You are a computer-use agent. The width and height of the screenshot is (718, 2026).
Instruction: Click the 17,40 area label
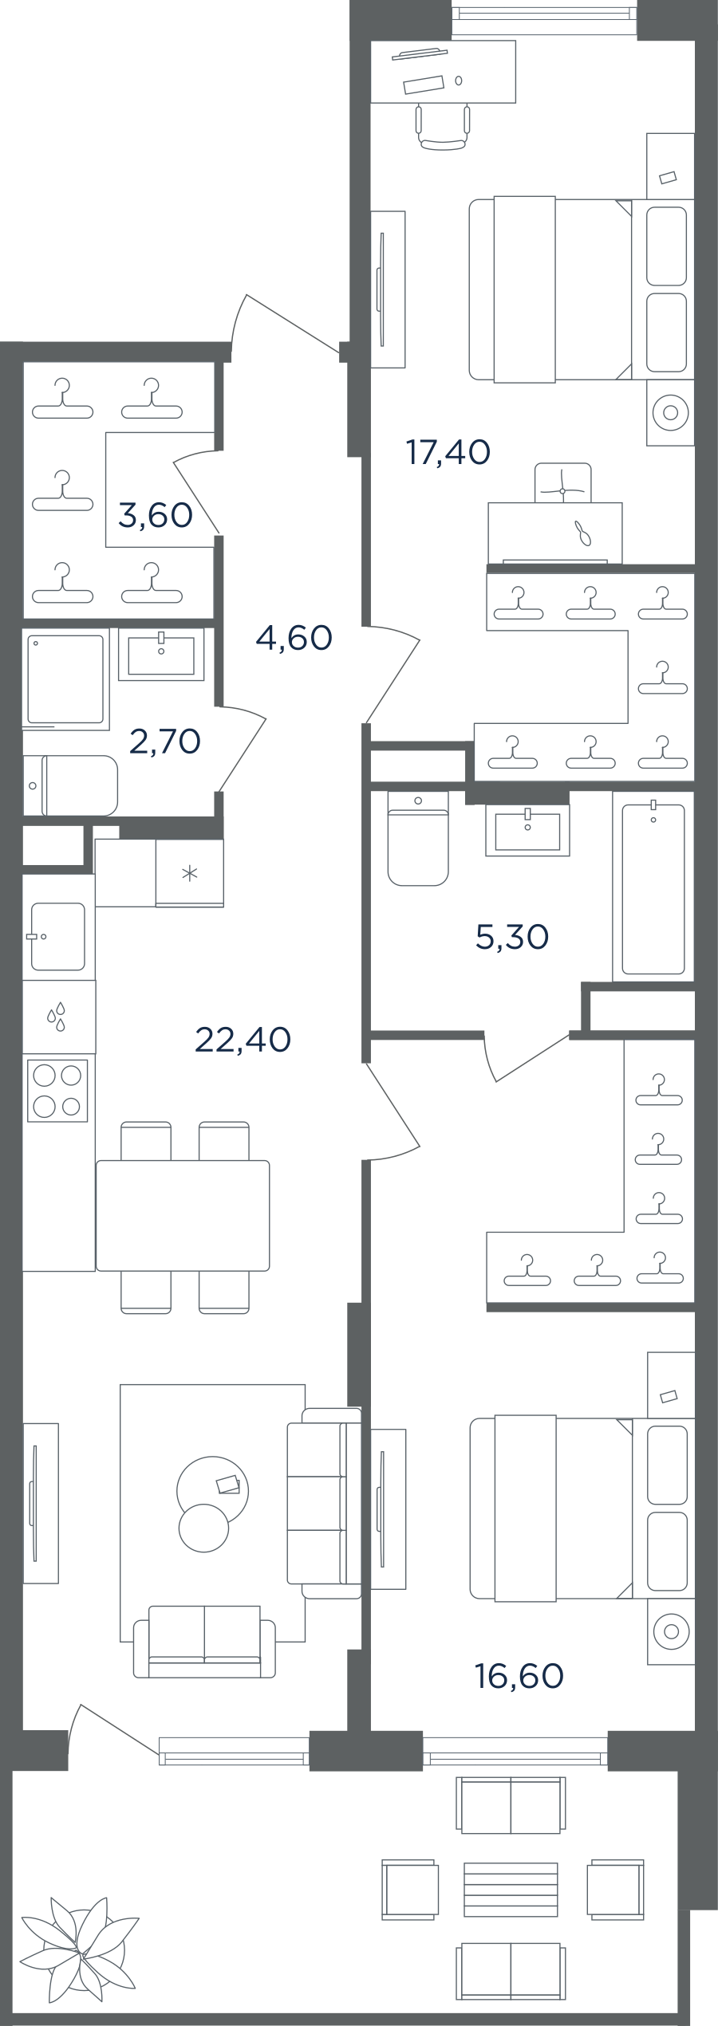448,452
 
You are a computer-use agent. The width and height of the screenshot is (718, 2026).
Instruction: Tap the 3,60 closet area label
156,515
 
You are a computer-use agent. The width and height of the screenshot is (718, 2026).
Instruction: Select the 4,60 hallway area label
294,637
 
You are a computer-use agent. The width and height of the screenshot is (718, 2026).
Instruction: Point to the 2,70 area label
165,742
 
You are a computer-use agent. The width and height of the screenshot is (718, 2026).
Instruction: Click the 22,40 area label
243,1039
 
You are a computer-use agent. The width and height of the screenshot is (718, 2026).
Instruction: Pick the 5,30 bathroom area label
512,937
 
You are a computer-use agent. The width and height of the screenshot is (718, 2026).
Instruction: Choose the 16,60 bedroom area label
519,1676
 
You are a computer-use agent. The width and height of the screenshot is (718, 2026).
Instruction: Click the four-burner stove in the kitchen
57,1090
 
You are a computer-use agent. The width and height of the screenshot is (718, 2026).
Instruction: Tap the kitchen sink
57,936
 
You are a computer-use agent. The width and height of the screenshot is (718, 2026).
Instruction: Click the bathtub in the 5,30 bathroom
653,888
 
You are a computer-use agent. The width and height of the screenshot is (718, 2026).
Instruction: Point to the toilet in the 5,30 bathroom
418,838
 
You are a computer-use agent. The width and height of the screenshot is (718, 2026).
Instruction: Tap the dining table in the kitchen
183,1215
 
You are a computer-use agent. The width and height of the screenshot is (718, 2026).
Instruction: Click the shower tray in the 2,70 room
66,679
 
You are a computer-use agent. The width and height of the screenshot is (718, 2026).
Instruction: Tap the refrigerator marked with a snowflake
190,873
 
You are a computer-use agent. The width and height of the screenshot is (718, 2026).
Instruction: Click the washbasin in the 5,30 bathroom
528,830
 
